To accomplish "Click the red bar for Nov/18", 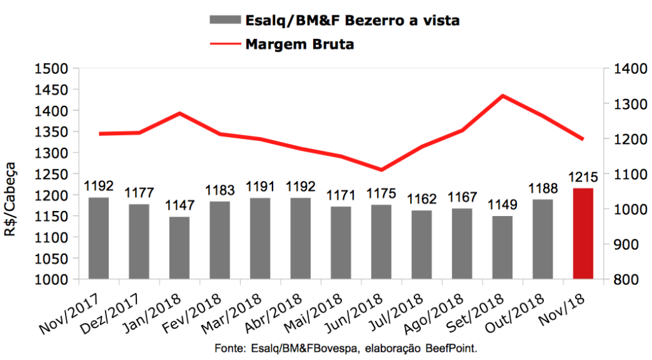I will [x=583, y=233].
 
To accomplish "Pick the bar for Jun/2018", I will [x=381, y=241].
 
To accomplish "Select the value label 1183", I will [x=220, y=191].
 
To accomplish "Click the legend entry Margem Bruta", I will [x=299, y=45].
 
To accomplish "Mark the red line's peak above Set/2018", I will [x=503, y=96].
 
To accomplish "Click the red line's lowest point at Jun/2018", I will [x=381, y=169].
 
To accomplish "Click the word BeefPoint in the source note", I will [x=453, y=349].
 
